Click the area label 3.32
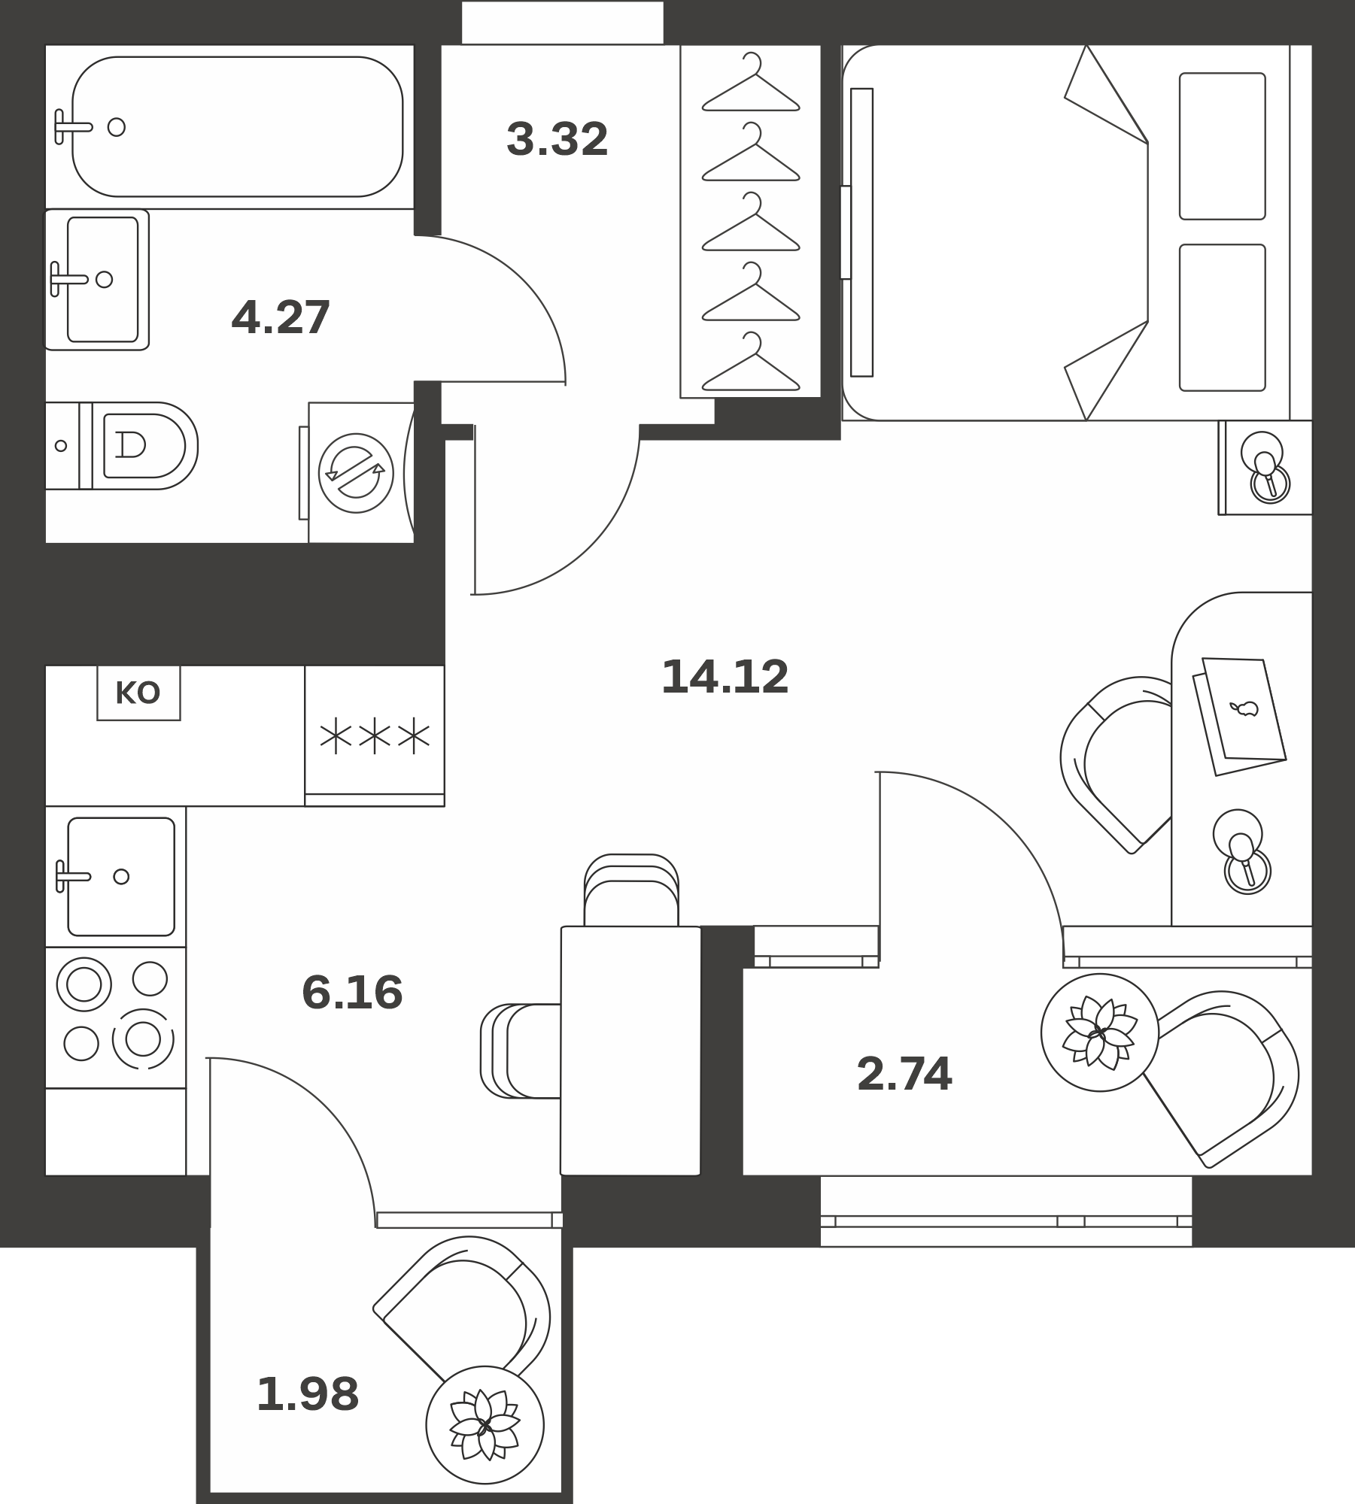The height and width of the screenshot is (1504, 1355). (x=557, y=140)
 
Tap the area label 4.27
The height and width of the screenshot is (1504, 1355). (x=281, y=317)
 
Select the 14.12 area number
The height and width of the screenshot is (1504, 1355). (x=725, y=677)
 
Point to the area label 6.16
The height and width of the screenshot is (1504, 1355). (x=352, y=992)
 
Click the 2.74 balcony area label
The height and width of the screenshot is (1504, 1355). (x=904, y=1073)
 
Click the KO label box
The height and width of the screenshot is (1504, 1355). (x=138, y=693)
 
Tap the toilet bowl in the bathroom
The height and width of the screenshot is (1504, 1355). (x=143, y=445)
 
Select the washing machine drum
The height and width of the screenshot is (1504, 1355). (x=356, y=473)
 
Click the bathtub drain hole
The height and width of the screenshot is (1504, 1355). (x=117, y=127)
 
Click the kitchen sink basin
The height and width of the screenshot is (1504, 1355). (x=121, y=876)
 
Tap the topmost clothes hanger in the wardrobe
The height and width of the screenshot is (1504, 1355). (x=751, y=83)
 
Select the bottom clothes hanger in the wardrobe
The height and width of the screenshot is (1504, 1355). (x=751, y=362)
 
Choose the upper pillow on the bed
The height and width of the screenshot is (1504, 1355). (x=1223, y=147)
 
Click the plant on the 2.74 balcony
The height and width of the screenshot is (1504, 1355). (x=1100, y=1032)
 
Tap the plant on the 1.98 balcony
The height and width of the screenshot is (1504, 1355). (x=485, y=1424)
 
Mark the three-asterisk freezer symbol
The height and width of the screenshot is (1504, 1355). (x=375, y=737)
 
